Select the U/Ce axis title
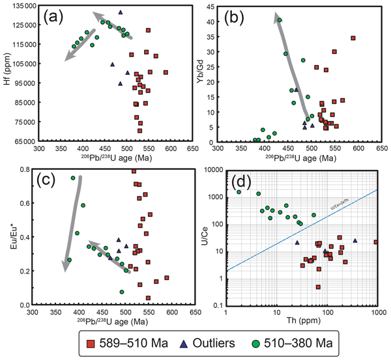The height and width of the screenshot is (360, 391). pyautogui.click(x=198, y=237)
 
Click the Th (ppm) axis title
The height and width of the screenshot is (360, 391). pyautogui.click(x=302, y=322)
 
